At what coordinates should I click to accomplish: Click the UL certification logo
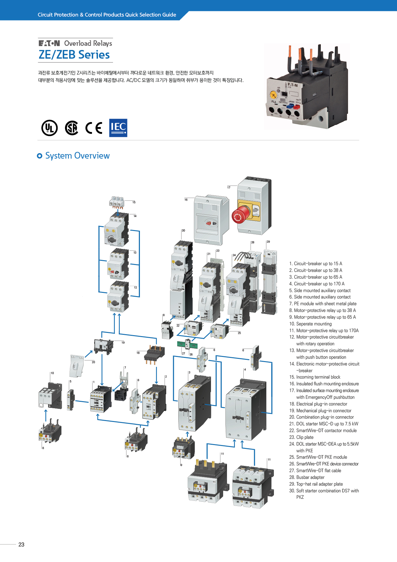coord(50,128)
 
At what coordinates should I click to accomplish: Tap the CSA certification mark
coord(72,128)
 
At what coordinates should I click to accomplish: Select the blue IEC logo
coord(118,128)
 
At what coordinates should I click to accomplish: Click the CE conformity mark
coord(94,128)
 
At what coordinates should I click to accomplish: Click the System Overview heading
coord(77,156)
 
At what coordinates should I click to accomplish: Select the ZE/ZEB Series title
coord(74,55)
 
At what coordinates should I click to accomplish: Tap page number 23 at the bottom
coord(21,544)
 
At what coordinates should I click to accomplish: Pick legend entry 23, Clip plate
coord(304,437)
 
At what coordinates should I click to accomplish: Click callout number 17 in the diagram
coord(229,187)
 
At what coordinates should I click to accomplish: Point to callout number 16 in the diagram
coord(186,200)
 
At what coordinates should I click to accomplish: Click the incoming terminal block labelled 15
coord(116,202)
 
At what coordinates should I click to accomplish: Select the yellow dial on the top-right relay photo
coord(273,95)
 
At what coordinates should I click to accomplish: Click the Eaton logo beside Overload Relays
coord(49,43)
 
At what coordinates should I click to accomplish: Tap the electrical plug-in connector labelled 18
coord(154,353)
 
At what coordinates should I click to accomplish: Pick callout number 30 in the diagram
coord(183,230)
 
